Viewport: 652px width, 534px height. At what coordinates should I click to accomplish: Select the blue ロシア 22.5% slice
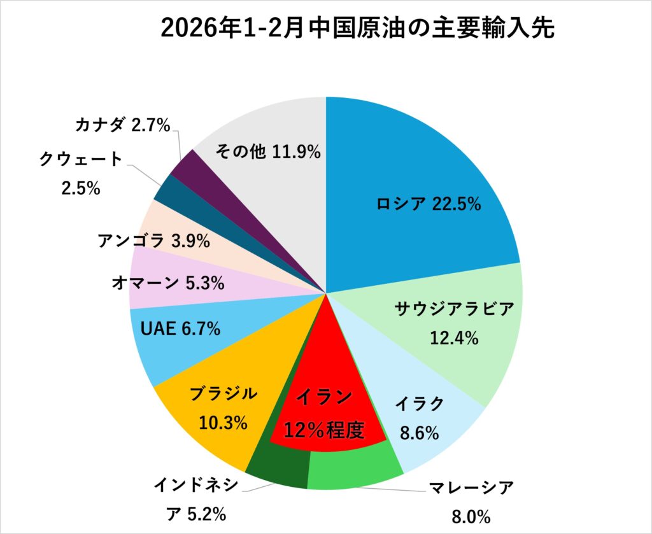pyautogui.click(x=420, y=165)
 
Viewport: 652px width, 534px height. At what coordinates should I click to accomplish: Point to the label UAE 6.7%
pyautogui.click(x=179, y=329)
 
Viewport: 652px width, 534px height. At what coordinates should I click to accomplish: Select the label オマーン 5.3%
pyautogui.click(x=167, y=283)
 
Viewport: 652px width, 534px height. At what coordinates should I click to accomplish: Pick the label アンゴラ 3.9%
pyautogui.click(x=153, y=241)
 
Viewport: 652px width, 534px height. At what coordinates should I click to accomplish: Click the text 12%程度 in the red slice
pyautogui.click(x=325, y=431)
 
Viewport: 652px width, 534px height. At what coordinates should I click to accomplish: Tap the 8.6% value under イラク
pyautogui.click(x=419, y=434)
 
